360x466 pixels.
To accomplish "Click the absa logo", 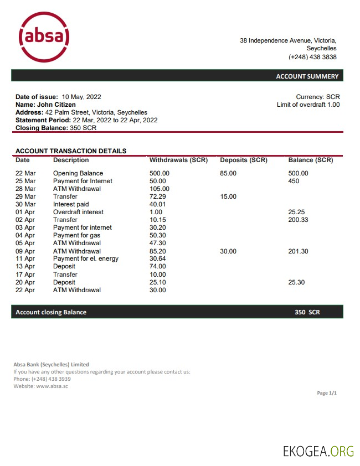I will pyautogui.click(x=44, y=38).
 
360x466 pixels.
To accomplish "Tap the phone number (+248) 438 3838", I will pyautogui.click(x=312, y=57).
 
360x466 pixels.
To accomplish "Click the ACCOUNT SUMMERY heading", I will pyautogui.click(x=307, y=76).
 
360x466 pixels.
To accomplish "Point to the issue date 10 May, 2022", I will pyautogui.click(x=81, y=97).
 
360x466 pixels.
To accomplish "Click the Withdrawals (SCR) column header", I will pyautogui.click(x=178, y=160).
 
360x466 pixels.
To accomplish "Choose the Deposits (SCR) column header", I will pyautogui.click(x=244, y=160).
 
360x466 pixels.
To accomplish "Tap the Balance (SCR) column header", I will pyautogui.click(x=311, y=160).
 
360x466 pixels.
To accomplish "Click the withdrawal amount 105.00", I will pyautogui.click(x=160, y=189).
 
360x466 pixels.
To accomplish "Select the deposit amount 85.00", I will pyautogui.click(x=228, y=173).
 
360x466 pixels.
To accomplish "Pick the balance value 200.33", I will pyautogui.click(x=299, y=220).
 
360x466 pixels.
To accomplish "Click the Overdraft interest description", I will pyautogui.click(x=78, y=212).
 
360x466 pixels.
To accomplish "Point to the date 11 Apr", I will pyautogui.click(x=25, y=258).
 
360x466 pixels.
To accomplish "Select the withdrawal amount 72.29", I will pyautogui.click(x=158, y=196).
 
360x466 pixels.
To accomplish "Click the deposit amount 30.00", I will pyautogui.click(x=228, y=251).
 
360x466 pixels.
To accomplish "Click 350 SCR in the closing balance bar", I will pyautogui.click(x=307, y=312).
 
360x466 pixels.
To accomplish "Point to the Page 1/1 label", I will pyautogui.click(x=327, y=393).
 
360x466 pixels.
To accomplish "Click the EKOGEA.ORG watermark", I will pyautogui.click(x=318, y=451).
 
